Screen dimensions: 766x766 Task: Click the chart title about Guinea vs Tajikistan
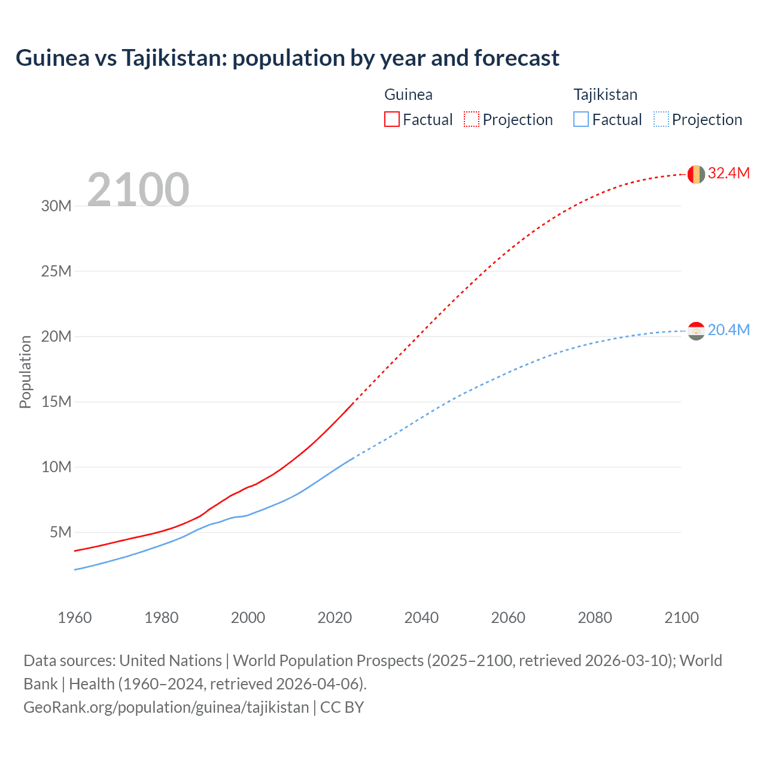tap(287, 58)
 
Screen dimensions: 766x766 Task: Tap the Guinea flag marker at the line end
tap(696, 174)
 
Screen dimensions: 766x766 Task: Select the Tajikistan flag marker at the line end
tap(696, 331)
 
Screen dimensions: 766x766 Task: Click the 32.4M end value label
tap(728, 174)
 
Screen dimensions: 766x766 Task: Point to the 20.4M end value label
tap(728, 330)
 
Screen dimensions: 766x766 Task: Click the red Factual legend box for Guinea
tap(391, 120)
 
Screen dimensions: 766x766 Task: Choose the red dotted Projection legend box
tap(472, 120)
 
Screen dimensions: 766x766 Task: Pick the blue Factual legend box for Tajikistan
tap(581, 120)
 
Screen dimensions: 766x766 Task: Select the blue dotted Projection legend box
tap(661, 120)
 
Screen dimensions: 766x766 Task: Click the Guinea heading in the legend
tap(408, 95)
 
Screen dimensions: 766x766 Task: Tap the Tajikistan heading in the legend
tap(605, 95)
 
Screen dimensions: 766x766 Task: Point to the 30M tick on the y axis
tap(56, 206)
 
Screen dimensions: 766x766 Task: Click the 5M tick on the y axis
tap(60, 532)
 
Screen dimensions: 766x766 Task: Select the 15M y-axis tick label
tap(56, 402)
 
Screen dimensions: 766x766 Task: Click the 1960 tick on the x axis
tap(75, 618)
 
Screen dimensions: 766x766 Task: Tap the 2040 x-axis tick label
tap(421, 618)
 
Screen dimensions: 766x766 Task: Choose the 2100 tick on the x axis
tap(681, 618)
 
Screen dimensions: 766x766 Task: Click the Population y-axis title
tap(25, 372)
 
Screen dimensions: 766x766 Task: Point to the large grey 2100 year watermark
tap(138, 190)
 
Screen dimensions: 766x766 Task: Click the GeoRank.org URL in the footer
tap(166, 707)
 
